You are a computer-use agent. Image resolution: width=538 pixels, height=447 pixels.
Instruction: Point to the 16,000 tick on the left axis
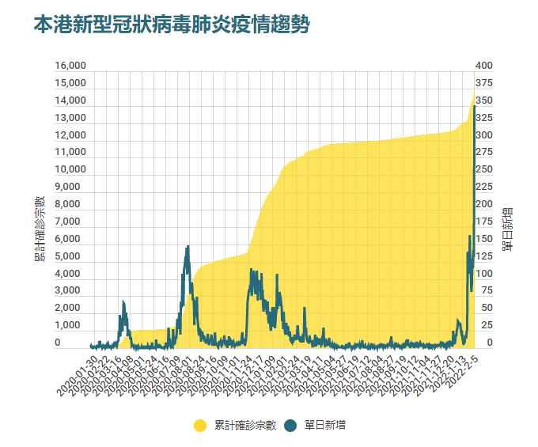point(70,66)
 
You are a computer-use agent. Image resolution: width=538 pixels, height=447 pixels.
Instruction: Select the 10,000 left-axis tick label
point(70,169)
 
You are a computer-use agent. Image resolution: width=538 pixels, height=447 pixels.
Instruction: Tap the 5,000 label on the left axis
point(72,256)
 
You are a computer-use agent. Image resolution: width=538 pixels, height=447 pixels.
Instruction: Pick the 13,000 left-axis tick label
point(70,118)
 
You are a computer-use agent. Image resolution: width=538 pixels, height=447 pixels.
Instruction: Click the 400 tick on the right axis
point(484,66)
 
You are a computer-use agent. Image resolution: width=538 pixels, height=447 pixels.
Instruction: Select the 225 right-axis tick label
point(484,187)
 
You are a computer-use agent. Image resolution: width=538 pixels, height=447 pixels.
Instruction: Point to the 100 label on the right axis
point(484,273)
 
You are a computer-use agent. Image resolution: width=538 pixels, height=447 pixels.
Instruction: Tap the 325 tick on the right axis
point(484,118)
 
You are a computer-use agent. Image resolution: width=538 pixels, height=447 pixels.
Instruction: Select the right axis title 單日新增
point(507,228)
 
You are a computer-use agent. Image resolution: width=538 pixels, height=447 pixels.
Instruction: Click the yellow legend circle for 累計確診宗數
point(201,426)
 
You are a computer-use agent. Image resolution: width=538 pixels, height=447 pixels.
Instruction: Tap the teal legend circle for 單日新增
point(290,426)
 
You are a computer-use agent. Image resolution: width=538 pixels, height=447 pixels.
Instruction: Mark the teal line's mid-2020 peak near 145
point(187,247)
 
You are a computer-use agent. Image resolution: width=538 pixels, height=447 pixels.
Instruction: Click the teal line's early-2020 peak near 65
point(123,302)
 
